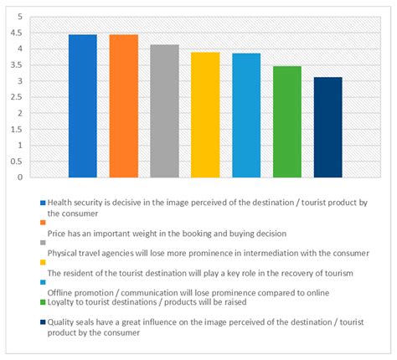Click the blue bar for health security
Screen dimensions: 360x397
[x=83, y=106]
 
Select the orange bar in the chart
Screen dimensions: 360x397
[x=124, y=106]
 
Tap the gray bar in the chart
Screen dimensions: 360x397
[x=165, y=111]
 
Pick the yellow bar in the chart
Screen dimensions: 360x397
[x=205, y=115]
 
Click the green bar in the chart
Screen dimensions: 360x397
[x=287, y=122]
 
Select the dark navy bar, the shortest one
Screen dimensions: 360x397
[x=327, y=127]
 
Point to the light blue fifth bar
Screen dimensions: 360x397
[x=246, y=116]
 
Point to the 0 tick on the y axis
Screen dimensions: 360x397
[x=18, y=177]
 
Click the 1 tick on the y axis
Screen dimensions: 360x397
[x=18, y=146]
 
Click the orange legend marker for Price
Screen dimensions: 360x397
[x=43, y=223]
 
